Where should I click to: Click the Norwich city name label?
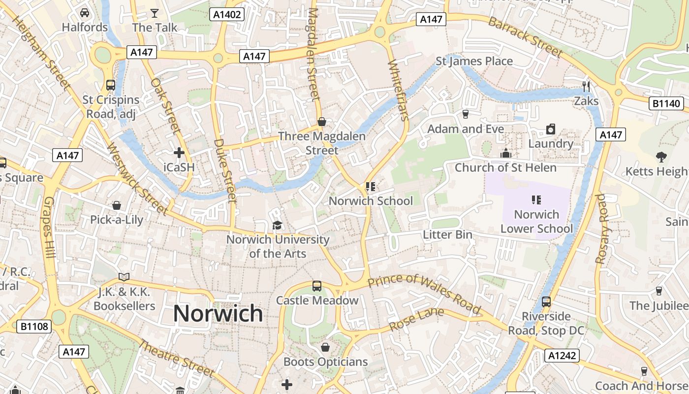[218, 313]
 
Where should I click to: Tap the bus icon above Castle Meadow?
[317, 286]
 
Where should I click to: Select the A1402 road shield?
[227, 14]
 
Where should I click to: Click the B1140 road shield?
[667, 103]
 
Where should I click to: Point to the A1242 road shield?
[562, 356]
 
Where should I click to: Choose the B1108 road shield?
[34, 326]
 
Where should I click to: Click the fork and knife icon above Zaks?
[586, 87]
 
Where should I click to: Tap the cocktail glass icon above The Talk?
[155, 13]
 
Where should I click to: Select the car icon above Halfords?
[85, 13]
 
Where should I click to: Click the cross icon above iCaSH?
[179, 153]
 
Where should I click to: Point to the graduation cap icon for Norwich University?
[278, 225]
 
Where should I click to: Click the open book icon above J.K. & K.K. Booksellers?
[124, 277]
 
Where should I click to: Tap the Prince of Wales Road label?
[424, 294]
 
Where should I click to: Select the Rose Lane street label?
[416, 319]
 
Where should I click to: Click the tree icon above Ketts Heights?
[661, 157]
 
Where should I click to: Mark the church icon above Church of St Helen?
[505, 154]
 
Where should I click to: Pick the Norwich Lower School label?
[536, 222]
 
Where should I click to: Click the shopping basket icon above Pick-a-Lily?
[117, 205]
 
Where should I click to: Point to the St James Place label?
[474, 61]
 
